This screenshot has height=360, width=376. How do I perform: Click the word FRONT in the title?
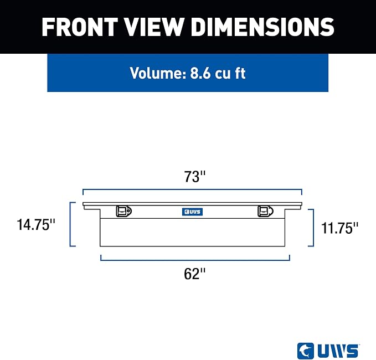pyautogui.click(x=80, y=27)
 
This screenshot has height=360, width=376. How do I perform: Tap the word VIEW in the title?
pyautogui.click(x=154, y=27)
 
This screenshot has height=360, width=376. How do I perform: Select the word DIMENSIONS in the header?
pyautogui.click(x=262, y=27)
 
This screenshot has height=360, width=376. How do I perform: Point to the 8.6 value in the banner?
pyautogui.click(x=200, y=73)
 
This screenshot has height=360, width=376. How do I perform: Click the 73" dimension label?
pyautogui.click(x=195, y=177)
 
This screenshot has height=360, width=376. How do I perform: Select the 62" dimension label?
pyautogui.click(x=195, y=274)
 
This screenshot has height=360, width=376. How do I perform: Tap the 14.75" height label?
pyautogui.click(x=36, y=225)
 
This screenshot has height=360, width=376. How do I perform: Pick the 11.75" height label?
pyautogui.click(x=339, y=228)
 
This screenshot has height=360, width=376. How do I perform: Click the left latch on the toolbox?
pyautogui.click(x=123, y=211)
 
